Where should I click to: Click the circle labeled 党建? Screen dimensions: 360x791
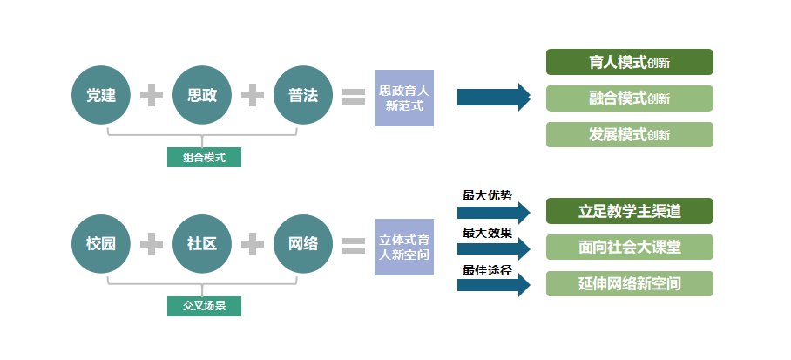click(x=101, y=95)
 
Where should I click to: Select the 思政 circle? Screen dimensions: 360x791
click(x=202, y=95)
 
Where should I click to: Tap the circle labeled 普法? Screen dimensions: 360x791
click(x=303, y=95)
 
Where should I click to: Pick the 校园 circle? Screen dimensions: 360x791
click(x=101, y=244)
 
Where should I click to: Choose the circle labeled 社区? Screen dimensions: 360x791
click(x=202, y=244)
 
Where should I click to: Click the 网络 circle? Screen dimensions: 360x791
click(x=303, y=244)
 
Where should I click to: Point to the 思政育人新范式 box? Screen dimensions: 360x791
click(x=404, y=98)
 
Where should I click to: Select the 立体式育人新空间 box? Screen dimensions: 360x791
click(x=404, y=247)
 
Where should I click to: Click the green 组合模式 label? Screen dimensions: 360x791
click(x=204, y=158)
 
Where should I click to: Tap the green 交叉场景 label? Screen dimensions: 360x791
click(x=204, y=306)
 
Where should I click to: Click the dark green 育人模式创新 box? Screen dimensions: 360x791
click(x=629, y=62)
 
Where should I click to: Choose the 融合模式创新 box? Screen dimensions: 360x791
click(x=629, y=98)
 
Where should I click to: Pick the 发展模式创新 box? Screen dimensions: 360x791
click(x=629, y=135)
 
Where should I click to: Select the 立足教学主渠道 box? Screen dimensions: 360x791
click(x=629, y=211)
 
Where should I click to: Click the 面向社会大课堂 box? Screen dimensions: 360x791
click(x=629, y=248)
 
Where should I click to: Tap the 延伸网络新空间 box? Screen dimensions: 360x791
click(x=629, y=284)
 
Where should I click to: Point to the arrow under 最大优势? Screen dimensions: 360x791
click(x=493, y=212)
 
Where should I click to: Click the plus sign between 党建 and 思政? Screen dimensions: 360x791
click(x=152, y=95)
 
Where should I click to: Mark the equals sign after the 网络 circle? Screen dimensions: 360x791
click(x=354, y=245)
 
